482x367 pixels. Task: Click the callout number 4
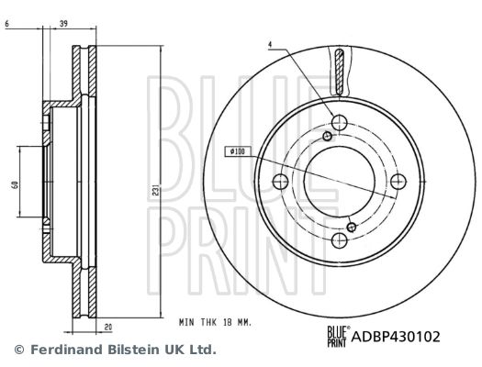(271, 45)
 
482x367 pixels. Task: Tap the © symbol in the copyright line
(18, 350)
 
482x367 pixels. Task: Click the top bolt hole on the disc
(340, 122)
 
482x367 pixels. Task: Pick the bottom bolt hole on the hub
(340, 240)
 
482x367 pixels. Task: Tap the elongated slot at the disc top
(340, 72)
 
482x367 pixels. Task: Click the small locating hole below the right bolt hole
(353, 225)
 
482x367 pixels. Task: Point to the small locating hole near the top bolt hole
(326, 137)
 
